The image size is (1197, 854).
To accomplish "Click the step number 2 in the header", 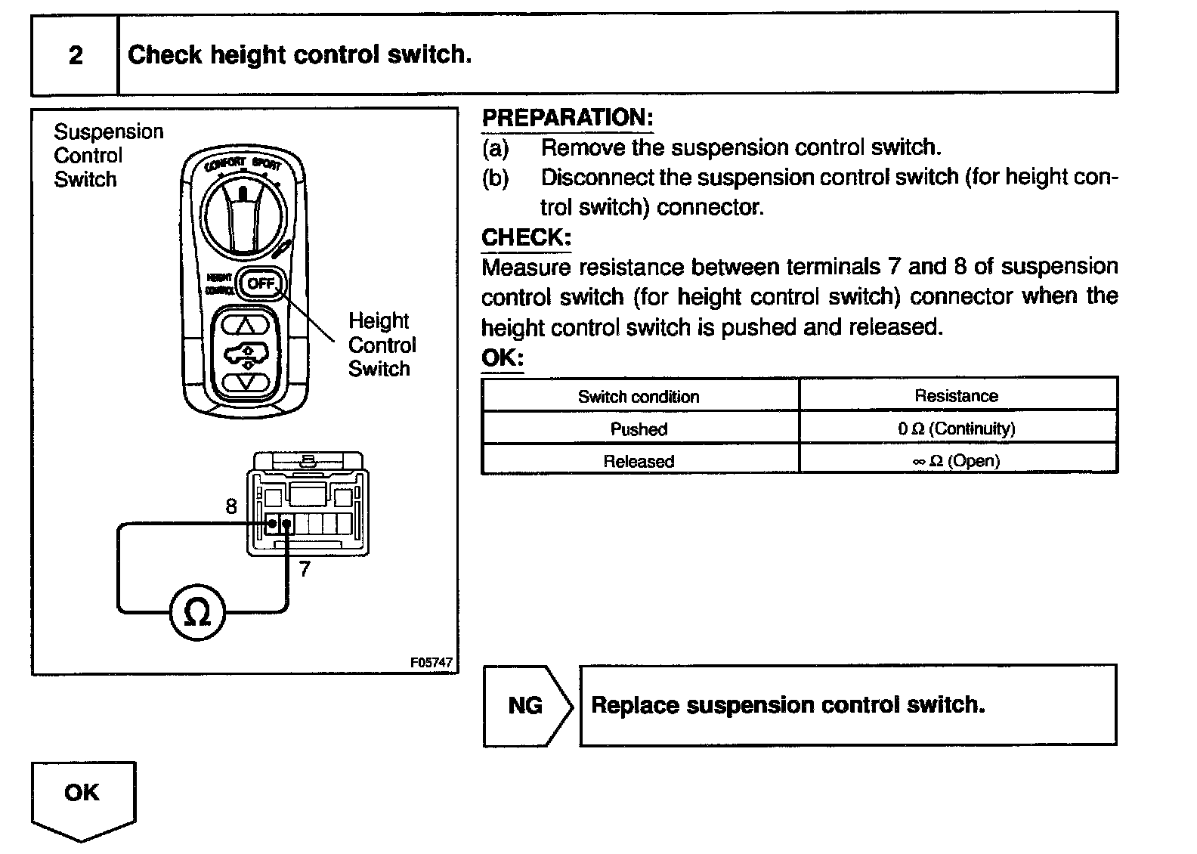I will (75, 55).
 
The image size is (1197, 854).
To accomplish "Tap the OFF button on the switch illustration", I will (261, 284).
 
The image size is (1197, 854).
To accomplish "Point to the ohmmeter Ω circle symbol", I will (198, 614).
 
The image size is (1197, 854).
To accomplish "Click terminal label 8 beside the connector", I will (231, 506).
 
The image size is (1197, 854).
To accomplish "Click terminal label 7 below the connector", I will (305, 569).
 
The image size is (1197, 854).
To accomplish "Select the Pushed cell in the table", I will (639, 429).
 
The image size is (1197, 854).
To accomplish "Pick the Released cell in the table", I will (639, 461).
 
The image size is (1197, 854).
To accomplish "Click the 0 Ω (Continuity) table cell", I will (957, 429).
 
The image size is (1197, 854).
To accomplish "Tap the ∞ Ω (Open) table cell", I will (957, 460).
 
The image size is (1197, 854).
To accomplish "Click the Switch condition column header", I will (639, 397).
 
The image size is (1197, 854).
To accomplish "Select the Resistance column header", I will (957, 396).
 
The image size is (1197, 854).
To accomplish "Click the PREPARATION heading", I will (567, 118).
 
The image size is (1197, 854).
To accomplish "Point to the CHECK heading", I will (526, 237).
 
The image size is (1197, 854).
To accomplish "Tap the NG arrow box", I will (527, 706).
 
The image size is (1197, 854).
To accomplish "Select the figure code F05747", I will (431, 663).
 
